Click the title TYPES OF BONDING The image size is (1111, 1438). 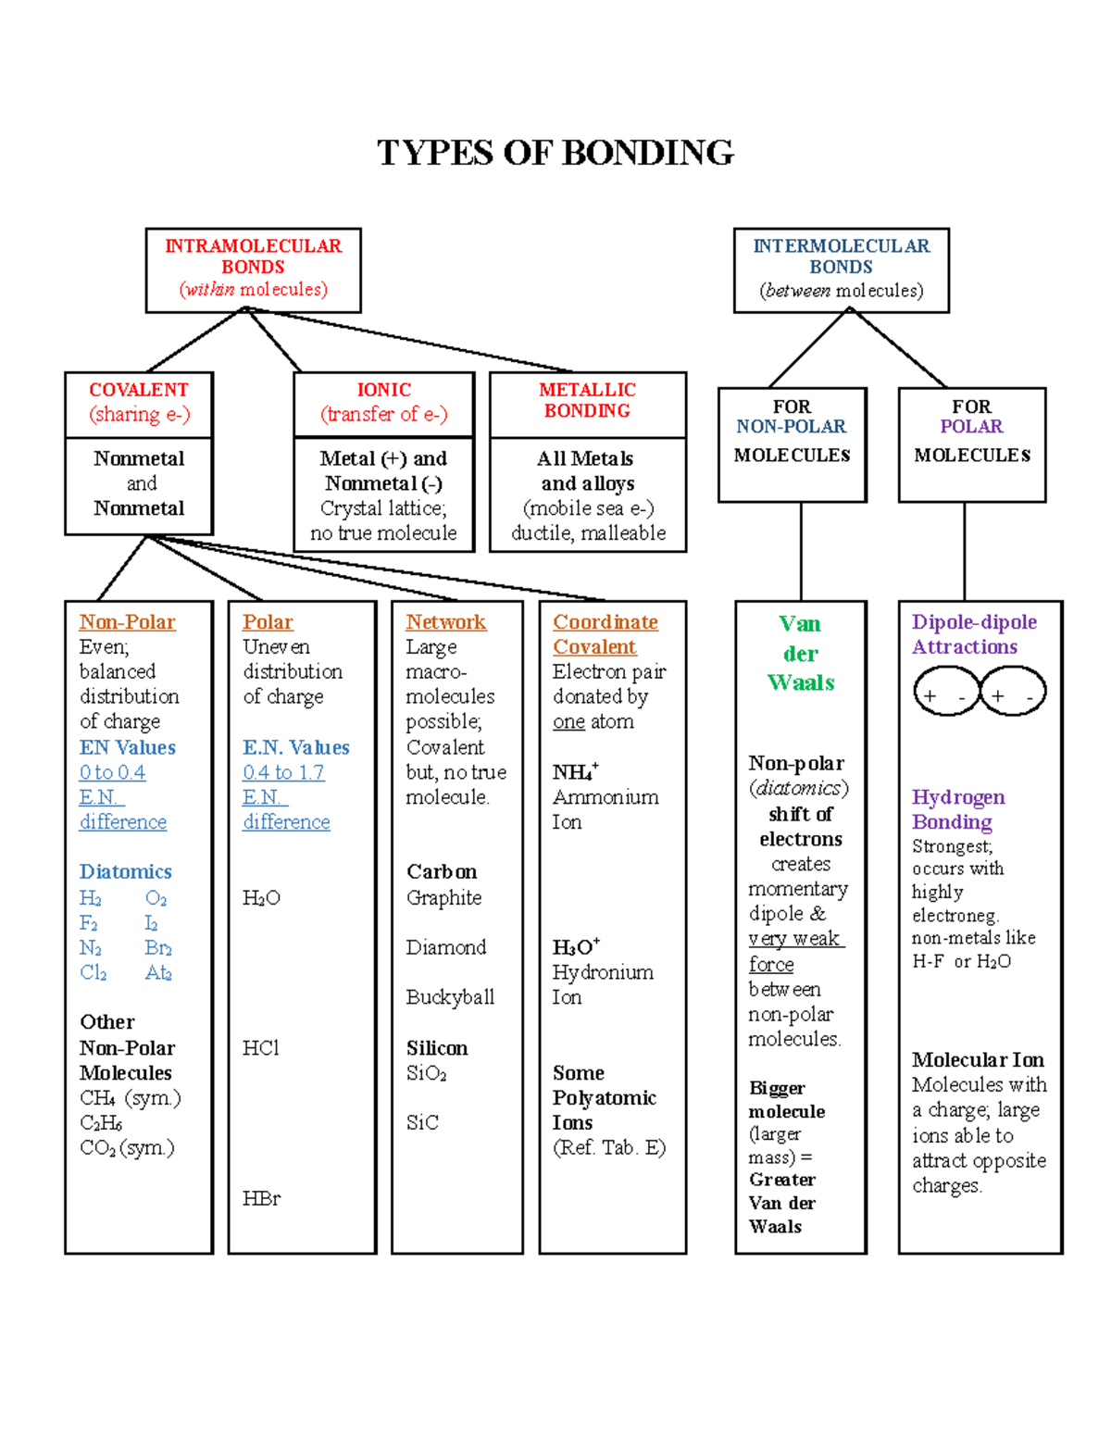pyautogui.click(x=555, y=153)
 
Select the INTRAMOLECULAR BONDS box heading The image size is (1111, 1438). pyautogui.click(x=253, y=256)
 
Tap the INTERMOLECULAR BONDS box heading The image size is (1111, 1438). pyautogui.click(x=841, y=256)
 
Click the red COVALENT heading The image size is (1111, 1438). pyautogui.click(x=139, y=390)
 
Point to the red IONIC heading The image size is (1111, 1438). pyautogui.click(x=384, y=390)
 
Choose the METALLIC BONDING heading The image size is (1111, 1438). pyautogui.click(x=587, y=400)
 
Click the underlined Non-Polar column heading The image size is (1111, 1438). pyautogui.click(x=127, y=622)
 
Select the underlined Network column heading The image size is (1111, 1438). pyautogui.click(x=445, y=622)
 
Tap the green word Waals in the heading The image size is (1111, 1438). pyautogui.click(x=801, y=682)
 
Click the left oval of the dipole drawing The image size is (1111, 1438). pyautogui.click(x=945, y=693)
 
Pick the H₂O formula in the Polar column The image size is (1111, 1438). pyautogui.click(x=261, y=898)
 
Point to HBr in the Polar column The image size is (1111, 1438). pyautogui.click(x=261, y=1198)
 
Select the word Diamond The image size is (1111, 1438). pyautogui.click(x=445, y=947)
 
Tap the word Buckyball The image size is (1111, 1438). pyautogui.click(x=450, y=997)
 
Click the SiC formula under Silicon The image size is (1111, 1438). pyautogui.click(x=422, y=1122)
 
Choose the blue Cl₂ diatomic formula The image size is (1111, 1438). pyautogui.click(x=93, y=973)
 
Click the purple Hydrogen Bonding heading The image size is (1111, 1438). pyautogui.click(x=957, y=809)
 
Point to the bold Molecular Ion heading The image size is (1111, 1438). pyautogui.click(x=978, y=1059)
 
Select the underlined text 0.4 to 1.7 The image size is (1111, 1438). pyautogui.click(x=283, y=772)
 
